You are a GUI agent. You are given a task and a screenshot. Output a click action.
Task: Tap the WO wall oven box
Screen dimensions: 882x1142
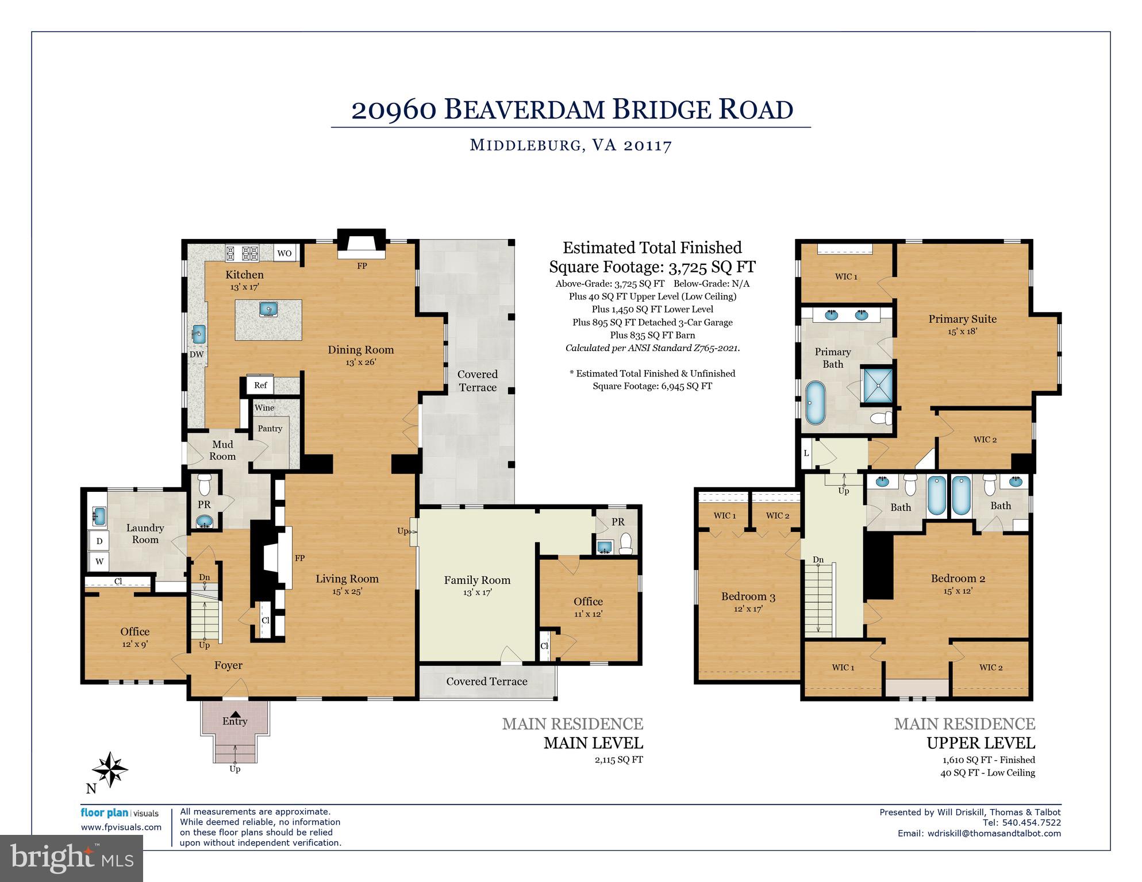pyautogui.click(x=284, y=253)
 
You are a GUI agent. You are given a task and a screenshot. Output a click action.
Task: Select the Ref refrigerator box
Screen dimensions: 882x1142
pyautogui.click(x=260, y=385)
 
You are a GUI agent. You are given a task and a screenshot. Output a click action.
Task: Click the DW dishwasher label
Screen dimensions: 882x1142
pyautogui.click(x=197, y=354)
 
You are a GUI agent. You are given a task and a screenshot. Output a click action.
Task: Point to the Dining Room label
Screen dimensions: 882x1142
pyautogui.click(x=361, y=349)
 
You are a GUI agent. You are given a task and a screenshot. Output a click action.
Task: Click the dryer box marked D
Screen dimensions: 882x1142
pyautogui.click(x=99, y=541)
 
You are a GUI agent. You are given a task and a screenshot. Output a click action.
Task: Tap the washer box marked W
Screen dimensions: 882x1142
pyautogui.click(x=99, y=561)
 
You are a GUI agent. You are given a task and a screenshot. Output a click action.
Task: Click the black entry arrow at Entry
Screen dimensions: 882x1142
pyautogui.click(x=234, y=714)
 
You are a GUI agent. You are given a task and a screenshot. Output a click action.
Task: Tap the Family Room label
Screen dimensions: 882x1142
pyautogui.click(x=477, y=580)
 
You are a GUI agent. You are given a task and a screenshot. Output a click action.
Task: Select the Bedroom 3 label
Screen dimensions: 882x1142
pyautogui.click(x=748, y=596)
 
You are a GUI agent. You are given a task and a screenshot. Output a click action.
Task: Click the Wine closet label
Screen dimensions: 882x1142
pyautogui.click(x=264, y=407)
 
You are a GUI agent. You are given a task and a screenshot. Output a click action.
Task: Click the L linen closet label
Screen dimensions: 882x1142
pyautogui.click(x=806, y=453)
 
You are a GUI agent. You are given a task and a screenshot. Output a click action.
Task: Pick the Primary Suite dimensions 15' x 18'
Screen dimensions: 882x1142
pyautogui.click(x=962, y=332)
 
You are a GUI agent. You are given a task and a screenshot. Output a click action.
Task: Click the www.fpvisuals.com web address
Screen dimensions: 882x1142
pyautogui.click(x=121, y=827)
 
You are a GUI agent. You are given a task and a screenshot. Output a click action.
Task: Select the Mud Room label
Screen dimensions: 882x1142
pyautogui.click(x=222, y=450)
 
